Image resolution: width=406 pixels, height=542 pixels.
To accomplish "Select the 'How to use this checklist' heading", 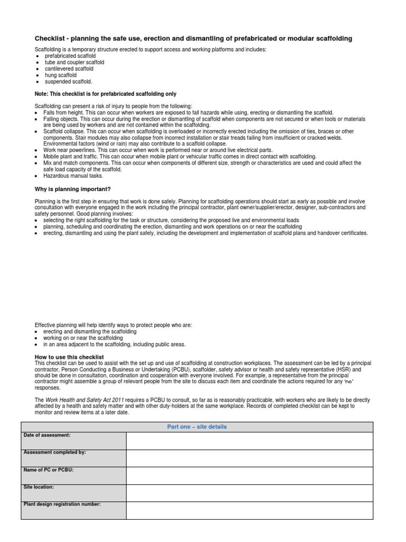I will [69, 357].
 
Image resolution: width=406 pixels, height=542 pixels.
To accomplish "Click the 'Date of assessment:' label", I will [47, 435].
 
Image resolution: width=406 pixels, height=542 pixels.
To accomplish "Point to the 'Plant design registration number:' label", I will [62, 504].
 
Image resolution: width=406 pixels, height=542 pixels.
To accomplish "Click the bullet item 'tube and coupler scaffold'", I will [74, 62].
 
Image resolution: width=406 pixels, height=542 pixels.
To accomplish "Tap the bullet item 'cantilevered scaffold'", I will [69, 69].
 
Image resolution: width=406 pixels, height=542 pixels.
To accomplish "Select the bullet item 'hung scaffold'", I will [60, 75].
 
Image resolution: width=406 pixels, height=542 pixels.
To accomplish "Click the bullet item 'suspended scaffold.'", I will [68, 82].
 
